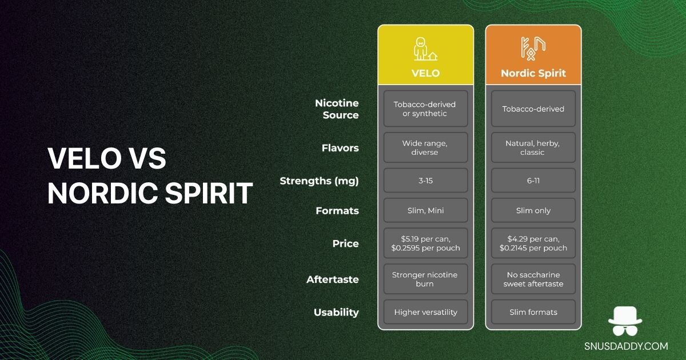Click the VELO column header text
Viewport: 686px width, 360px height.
tap(425, 73)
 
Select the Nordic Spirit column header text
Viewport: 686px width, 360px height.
tap(533, 73)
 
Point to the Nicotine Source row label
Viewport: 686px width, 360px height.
tap(337, 109)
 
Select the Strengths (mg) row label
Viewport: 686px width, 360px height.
tap(319, 181)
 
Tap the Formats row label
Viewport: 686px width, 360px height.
tap(337, 211)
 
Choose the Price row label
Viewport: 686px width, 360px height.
tap(345, 243)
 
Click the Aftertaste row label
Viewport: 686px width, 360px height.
tap(333, 279)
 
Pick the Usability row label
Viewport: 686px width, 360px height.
tap(336, 312)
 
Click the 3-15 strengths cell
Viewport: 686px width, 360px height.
tap(425, 181)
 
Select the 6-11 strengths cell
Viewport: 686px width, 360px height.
tap(533, 181)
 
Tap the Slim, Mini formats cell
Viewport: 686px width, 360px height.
tap(425, 210)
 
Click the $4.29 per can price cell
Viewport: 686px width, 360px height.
tap(533, 243)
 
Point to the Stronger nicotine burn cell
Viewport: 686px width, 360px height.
tap(425, 279)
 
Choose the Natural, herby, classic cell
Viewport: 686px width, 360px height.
tap(533, 148)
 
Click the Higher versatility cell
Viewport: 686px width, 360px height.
tap(425, 312)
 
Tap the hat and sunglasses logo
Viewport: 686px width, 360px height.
tap(625, 322)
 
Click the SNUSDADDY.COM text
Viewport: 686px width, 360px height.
tap(625, 346)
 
